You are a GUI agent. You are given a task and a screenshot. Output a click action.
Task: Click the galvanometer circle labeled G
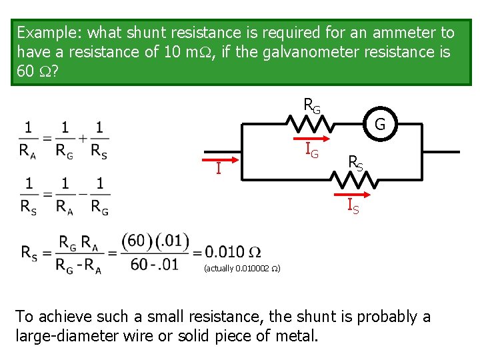click(379, 123)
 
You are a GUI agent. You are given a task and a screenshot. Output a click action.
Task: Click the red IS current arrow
click(357, 195)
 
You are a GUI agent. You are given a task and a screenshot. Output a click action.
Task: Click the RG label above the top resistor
click(311, 105)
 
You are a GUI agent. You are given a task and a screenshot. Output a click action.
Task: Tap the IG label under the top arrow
click(311, 151)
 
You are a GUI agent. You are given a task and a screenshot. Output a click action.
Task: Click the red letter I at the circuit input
click(218, 169)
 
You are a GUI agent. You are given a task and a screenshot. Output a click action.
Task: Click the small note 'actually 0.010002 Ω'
click(242, 269)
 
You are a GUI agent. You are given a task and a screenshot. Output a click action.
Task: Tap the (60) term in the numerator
click(136, 240)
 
